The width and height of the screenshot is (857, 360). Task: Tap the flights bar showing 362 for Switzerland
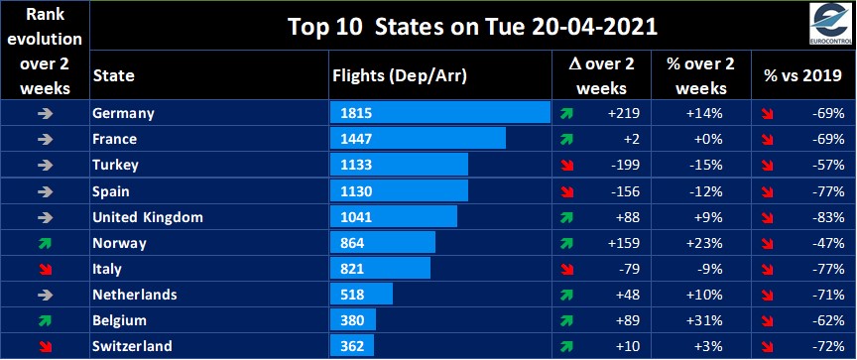coord(352,347)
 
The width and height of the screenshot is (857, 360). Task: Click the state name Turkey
coord(114,165)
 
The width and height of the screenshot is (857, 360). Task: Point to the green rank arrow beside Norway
coord(45,243)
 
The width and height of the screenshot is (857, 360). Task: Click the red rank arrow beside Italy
coord(45,269)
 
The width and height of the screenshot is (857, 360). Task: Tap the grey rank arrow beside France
coord(45,139)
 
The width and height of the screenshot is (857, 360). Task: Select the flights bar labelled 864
coord(382,243)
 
